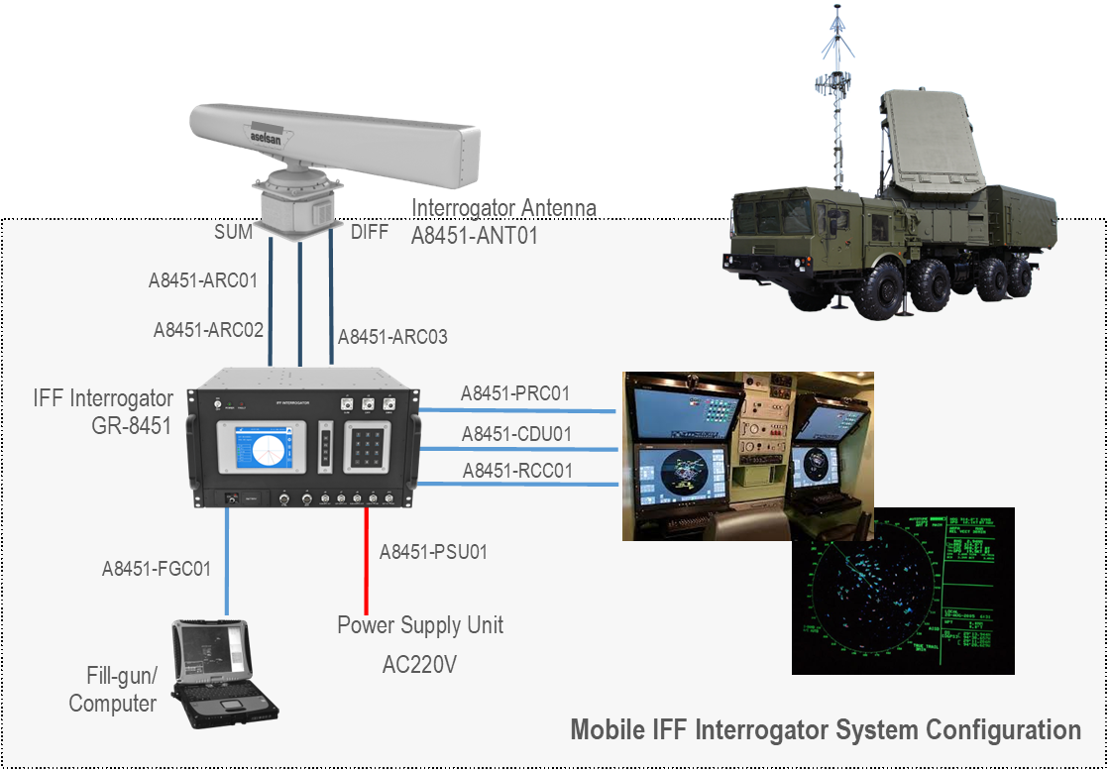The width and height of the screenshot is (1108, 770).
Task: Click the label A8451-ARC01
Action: coord(203,280)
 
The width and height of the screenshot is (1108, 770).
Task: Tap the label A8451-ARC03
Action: coord(392,337)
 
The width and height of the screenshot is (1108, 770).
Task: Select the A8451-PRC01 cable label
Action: coord(515,393)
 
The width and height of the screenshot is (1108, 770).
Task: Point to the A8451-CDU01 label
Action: coord(516,434)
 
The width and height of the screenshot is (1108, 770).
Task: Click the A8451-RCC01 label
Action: coord(517,471)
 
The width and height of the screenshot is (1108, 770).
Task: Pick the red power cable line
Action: coord(366,565)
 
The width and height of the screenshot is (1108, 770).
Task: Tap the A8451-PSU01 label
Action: coord(433,551)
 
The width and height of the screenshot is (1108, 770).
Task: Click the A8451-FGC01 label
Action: coord(157,569)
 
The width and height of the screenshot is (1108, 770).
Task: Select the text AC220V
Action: coord(419,664)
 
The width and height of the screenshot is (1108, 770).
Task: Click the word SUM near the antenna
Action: coord(234,232)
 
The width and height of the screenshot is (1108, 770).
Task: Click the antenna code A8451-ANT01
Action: coord(474,236)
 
